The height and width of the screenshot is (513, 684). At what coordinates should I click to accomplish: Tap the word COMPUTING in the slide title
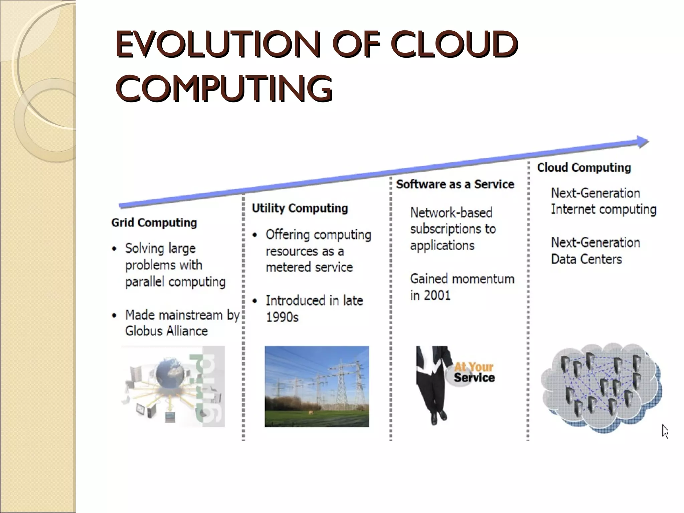pos(224,88)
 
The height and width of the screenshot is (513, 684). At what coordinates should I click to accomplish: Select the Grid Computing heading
pos(154,223)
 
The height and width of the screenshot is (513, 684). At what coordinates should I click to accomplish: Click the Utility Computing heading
pos(300,208)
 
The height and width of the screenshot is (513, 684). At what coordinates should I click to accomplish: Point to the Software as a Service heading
pos(455,184)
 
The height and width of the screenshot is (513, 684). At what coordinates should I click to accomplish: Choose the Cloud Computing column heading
pos(584,167)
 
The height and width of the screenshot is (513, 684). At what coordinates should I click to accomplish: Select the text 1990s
pos(282,317)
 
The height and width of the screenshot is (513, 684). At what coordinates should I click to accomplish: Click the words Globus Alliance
pos(166,331)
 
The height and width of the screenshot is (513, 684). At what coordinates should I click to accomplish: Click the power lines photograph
pos(317,386)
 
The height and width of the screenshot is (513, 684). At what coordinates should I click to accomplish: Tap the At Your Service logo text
pos(474,372)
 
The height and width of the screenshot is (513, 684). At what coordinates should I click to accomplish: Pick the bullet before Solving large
pos(115,249)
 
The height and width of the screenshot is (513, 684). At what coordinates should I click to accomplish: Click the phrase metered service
pos(309,267)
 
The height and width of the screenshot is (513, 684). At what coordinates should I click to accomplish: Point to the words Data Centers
pos(586,259)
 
